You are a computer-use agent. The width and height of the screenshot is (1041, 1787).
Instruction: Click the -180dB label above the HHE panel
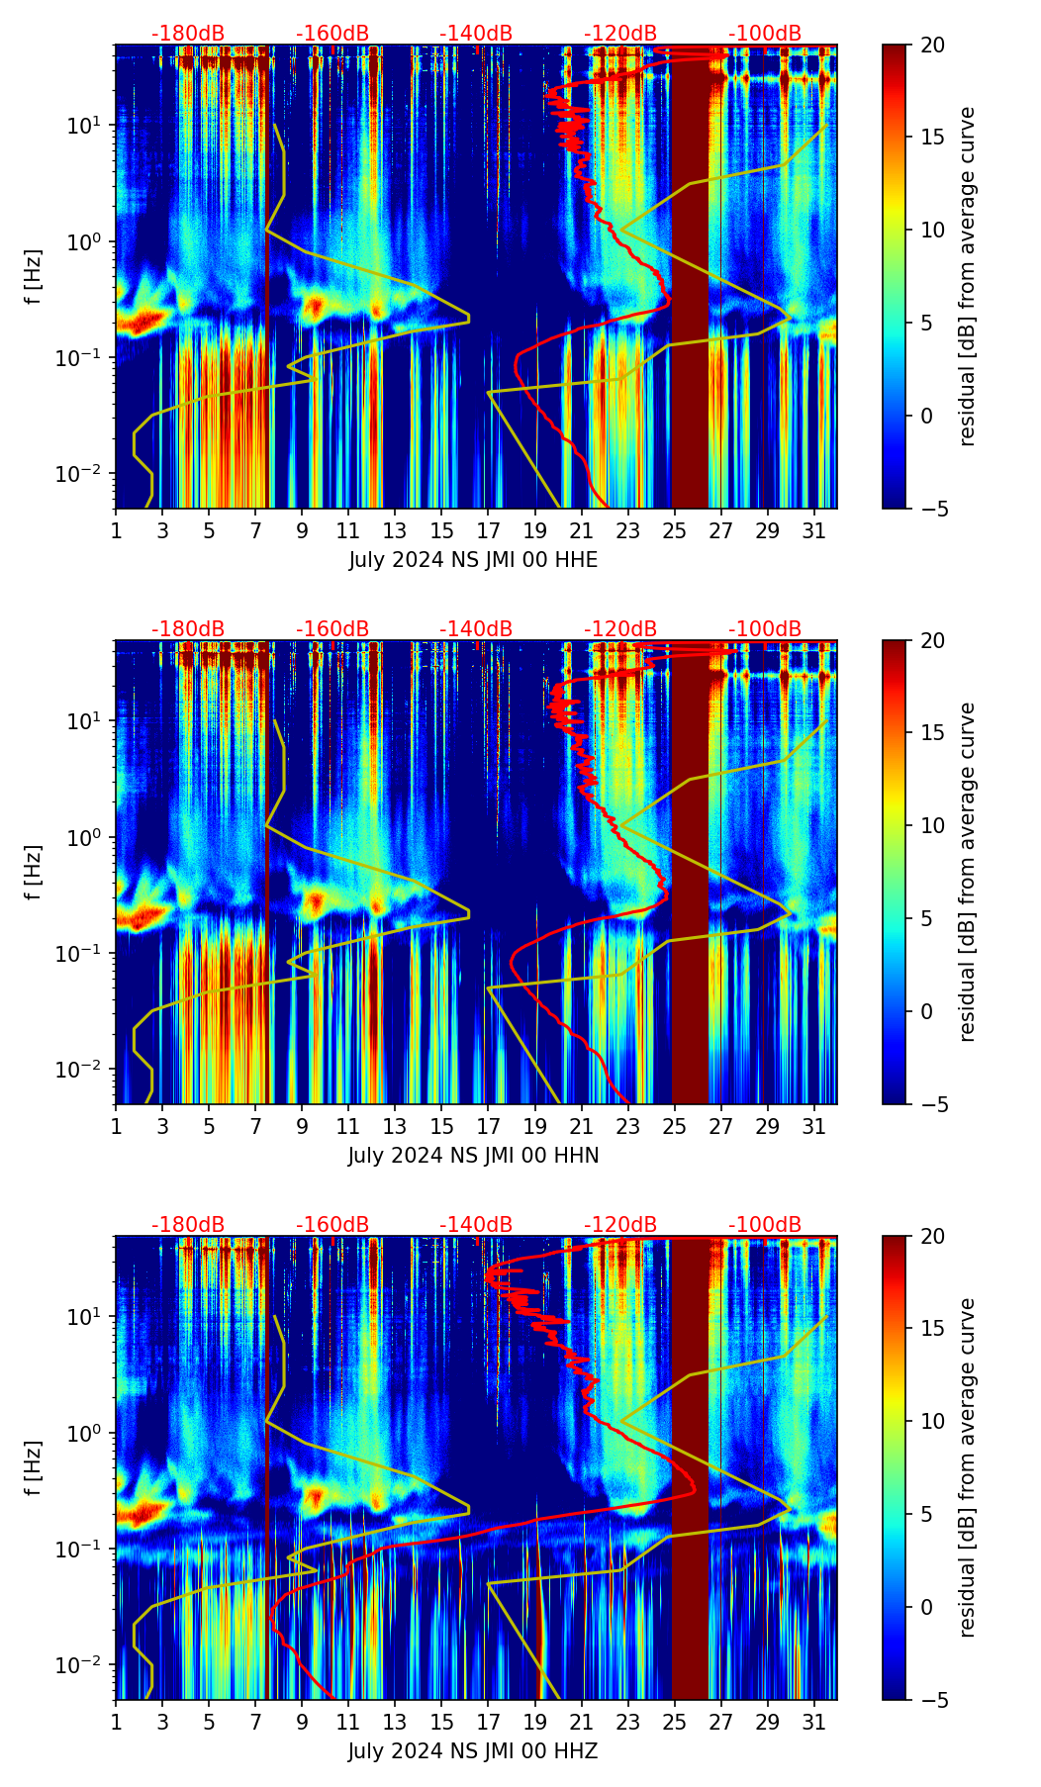click(x=188, y=34)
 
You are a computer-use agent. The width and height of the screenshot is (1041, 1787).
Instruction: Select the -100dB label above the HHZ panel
click(x=765, y=1225)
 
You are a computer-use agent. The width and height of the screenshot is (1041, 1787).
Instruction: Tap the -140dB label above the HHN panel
click(x=476, y=629)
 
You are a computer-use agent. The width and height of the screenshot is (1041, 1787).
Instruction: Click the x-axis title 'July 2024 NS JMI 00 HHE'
click(x=473, y=560)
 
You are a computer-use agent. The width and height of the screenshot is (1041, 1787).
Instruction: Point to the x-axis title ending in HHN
click(x=473, y=1156)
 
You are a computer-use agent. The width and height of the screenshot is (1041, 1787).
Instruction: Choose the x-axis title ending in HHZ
click(x=473, y=1751)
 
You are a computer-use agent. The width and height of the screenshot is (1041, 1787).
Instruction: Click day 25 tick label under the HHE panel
click(x=674, y=531)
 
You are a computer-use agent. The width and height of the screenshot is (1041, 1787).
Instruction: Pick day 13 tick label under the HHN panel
click(x=395, y=1127)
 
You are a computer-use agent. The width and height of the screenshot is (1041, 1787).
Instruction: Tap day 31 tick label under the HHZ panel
click(x=813, y=1723)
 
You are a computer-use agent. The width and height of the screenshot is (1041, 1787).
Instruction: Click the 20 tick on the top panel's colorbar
click(x=933, y=45)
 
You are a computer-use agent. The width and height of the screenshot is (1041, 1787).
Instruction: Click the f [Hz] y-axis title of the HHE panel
click(x=34, y=276)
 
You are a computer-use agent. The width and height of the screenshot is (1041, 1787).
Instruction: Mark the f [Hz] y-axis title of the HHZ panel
click(x=34, y=1467)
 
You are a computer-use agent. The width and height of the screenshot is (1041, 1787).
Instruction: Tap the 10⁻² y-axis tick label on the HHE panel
click(x=83, y=474)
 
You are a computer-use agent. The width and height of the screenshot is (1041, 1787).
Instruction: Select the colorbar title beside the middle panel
click(x=968, y=872)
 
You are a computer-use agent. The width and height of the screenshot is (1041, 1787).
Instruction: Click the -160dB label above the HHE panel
click(x=332, y=34)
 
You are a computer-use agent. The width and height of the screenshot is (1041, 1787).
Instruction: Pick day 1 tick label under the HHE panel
click(x=116, y=531)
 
